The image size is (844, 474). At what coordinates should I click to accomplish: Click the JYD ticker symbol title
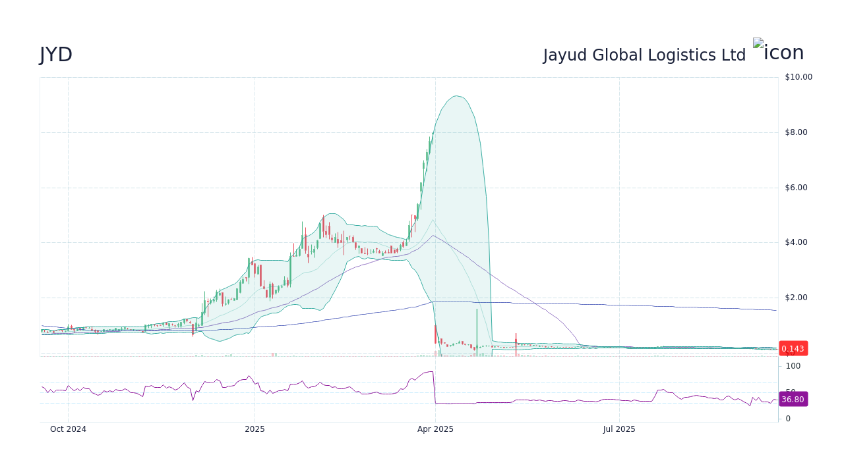tap(56, 55)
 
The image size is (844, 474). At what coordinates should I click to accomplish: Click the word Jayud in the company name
tap(565, 55)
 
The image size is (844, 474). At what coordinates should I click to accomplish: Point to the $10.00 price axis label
tap(799, 77)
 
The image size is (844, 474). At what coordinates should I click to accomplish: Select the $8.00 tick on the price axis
tap(796, 132)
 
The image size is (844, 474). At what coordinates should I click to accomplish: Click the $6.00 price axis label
tap(796, 188)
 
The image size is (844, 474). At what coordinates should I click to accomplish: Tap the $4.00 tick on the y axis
tap(796, 242)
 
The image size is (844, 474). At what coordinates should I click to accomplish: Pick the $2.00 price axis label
tap(796, 298)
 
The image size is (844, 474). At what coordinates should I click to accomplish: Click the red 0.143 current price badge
tap(793, 349)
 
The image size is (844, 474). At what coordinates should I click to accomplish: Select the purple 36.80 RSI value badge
tap(793, 400)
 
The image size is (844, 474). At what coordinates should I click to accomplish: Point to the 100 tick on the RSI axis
tap(793, 366)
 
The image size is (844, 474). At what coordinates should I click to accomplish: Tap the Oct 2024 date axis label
tap(69, 429)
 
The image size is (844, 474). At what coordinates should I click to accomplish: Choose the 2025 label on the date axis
tap(255, 429)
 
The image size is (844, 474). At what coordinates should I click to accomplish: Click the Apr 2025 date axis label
tap(435, 429)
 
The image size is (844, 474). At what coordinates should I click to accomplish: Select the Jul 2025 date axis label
tap(619, 429)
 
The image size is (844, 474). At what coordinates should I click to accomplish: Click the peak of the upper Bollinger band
tap(456, 96)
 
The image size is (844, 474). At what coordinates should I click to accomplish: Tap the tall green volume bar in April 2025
tap(477, 332)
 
